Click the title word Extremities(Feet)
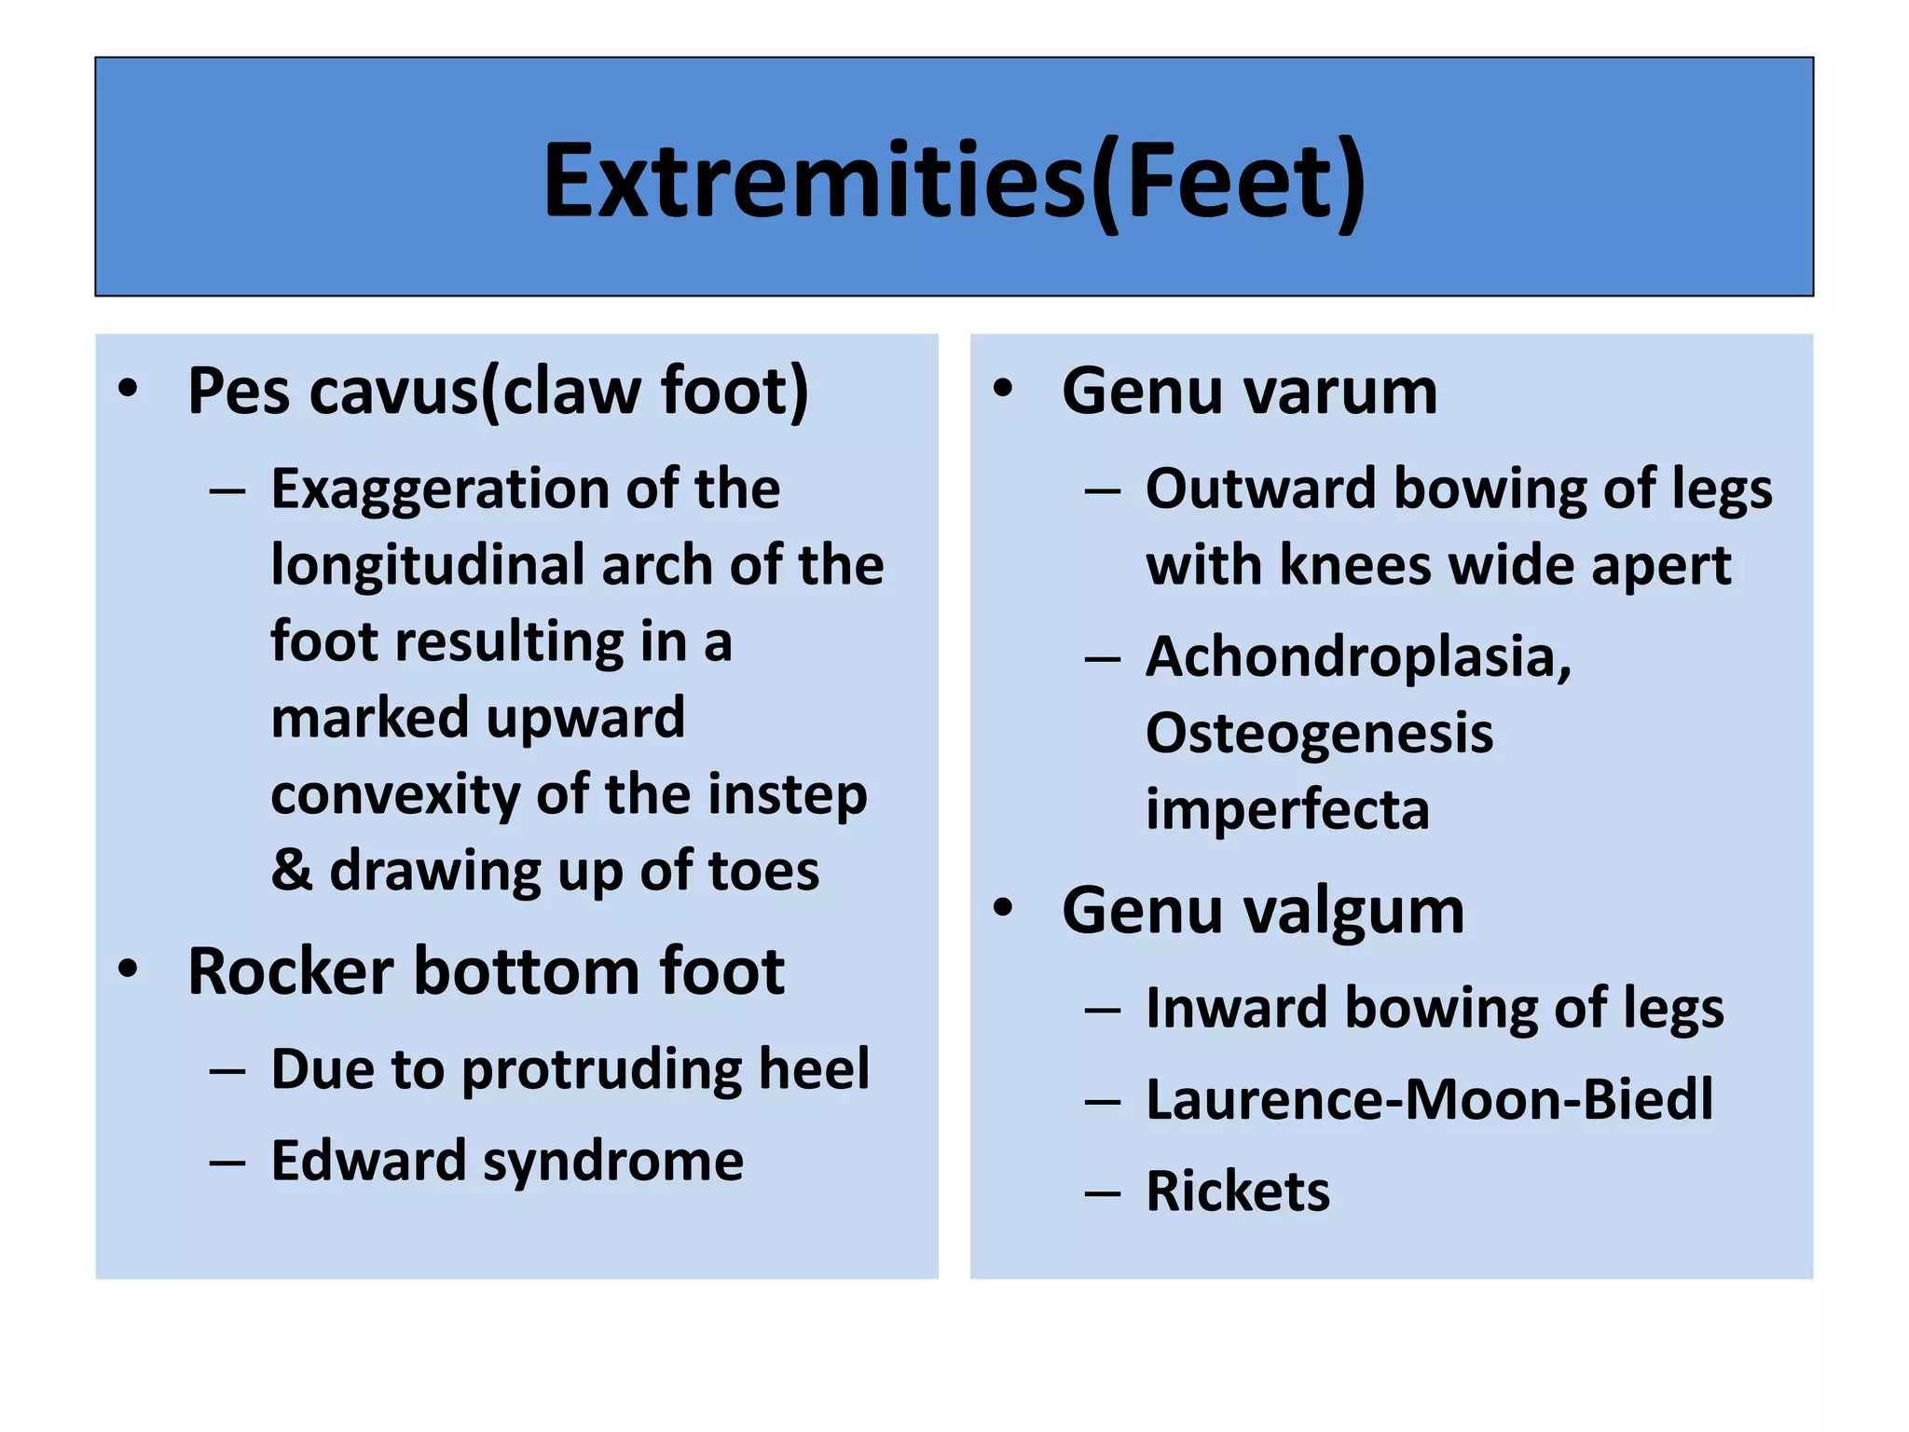click(954, 182)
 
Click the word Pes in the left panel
click(239, 391)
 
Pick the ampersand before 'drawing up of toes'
click(291, 870)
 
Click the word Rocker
click(291, 971)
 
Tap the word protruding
click(601, 1069)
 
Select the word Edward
click(368, 1161)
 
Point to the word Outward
click(1260, 489)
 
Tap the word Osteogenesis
click(1319, 734)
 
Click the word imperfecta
click(1287, 809)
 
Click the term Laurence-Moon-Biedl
click(1429, 1099)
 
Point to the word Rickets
click(1238, 1191)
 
